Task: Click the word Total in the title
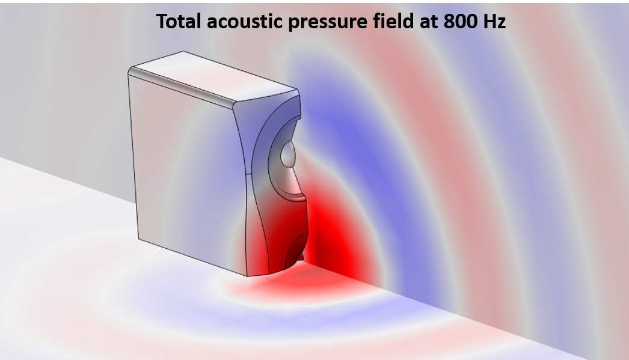[x=179, y=21]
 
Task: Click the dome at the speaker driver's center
[x=288, y=154]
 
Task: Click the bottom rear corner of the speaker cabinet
[x=139, y=239]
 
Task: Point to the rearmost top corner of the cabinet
[x=183, y=51]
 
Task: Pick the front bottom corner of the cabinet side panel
[x=248, y=276]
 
